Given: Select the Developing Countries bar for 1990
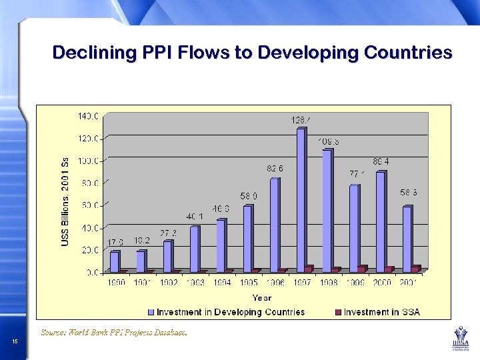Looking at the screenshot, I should pyautogui.click(x=115, y=261).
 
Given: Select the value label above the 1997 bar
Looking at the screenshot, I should pyautogui.click(x=301, y=120).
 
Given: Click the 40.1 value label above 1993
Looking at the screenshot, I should pyautogui.click(x=195, y=217).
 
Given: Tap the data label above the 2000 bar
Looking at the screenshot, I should pyautogui.click(x=381, y=161).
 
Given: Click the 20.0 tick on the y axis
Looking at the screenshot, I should pyautogui.click(x=90, y=250).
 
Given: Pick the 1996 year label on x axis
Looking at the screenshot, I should pyautogui.click(x=276, y=283).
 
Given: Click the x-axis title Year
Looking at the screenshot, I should pyautogui.click(x=261, y=297).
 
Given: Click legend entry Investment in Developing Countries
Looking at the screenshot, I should pyautogui.click(x=226, y=312).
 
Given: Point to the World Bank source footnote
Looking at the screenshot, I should pyautogui.click(x=114, y=331).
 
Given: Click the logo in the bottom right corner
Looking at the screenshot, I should pyautogui.click(x=459, y=339).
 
